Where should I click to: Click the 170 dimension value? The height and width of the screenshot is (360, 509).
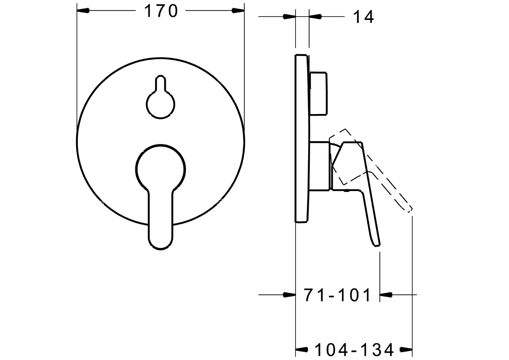(x=161, y=11)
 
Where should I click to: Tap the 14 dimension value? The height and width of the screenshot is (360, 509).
(x=363, y=17)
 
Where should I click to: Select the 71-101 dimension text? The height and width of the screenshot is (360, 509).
(x=337, y=295)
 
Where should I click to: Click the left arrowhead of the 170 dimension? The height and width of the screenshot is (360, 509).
(x=83, y=10)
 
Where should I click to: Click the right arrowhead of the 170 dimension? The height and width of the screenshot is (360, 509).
(x=238, y=10)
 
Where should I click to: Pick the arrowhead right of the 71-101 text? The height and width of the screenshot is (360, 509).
(x=386, y=295)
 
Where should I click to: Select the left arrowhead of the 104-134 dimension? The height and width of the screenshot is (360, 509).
(x=302, y=349)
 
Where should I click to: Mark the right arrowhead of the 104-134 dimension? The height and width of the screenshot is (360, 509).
(x=406, y=349)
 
